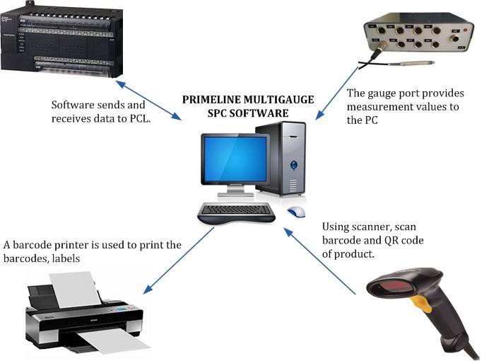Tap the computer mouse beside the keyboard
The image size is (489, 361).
pos(297,212)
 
